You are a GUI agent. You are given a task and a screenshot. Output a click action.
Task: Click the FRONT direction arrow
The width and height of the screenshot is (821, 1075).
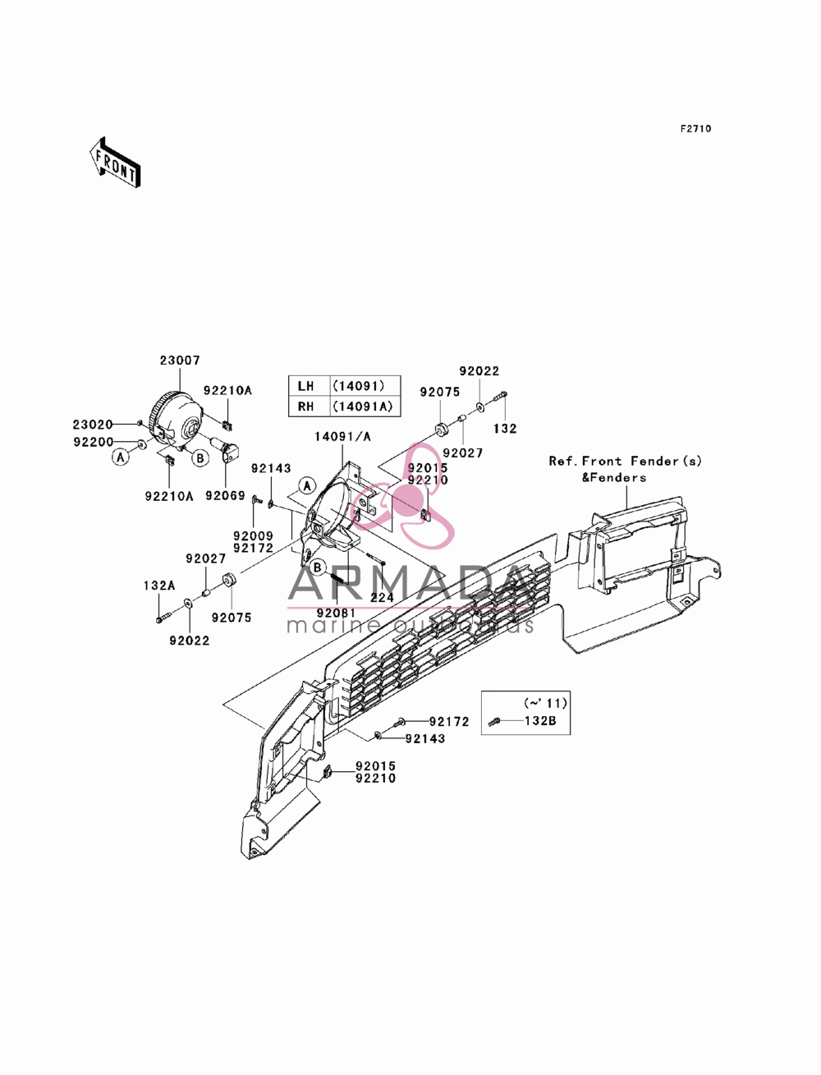coord(115,162)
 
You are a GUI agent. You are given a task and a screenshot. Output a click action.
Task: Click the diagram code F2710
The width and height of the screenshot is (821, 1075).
coord(695,129)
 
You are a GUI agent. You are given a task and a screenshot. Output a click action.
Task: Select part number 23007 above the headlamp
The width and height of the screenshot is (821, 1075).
coord(180,361)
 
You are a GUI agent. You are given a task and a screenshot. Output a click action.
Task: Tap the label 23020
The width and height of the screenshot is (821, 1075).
coord(93,424)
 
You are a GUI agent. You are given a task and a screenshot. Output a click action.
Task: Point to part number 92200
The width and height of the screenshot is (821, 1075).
coord(93,442)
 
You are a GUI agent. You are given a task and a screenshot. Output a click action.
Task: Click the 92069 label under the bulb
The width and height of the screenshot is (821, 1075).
coord(225,496)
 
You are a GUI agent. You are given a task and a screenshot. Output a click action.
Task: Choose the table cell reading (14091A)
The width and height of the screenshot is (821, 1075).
coord(363,407)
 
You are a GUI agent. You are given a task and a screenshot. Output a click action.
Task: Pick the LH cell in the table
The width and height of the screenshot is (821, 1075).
coord(306,386)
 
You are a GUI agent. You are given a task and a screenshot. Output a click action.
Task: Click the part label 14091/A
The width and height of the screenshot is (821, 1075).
coord(342,436)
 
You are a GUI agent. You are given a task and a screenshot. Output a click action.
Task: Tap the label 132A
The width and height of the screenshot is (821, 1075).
coord(159,586)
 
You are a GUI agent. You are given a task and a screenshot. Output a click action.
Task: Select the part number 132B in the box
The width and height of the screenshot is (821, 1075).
coord(540,721)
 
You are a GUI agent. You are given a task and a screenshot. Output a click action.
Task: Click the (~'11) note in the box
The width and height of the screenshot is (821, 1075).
coord(545,703)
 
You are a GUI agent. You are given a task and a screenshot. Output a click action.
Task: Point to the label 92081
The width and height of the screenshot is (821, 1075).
coord(336,613)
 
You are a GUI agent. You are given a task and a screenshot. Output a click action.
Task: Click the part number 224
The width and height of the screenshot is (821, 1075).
coord(382,598)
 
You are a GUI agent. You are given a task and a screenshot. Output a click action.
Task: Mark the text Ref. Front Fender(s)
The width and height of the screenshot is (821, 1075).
coord(625,462)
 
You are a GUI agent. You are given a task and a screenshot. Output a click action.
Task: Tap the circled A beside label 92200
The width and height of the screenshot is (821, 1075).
coord(121,457)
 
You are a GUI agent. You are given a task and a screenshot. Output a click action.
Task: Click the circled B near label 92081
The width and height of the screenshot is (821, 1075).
coord(318,567)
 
